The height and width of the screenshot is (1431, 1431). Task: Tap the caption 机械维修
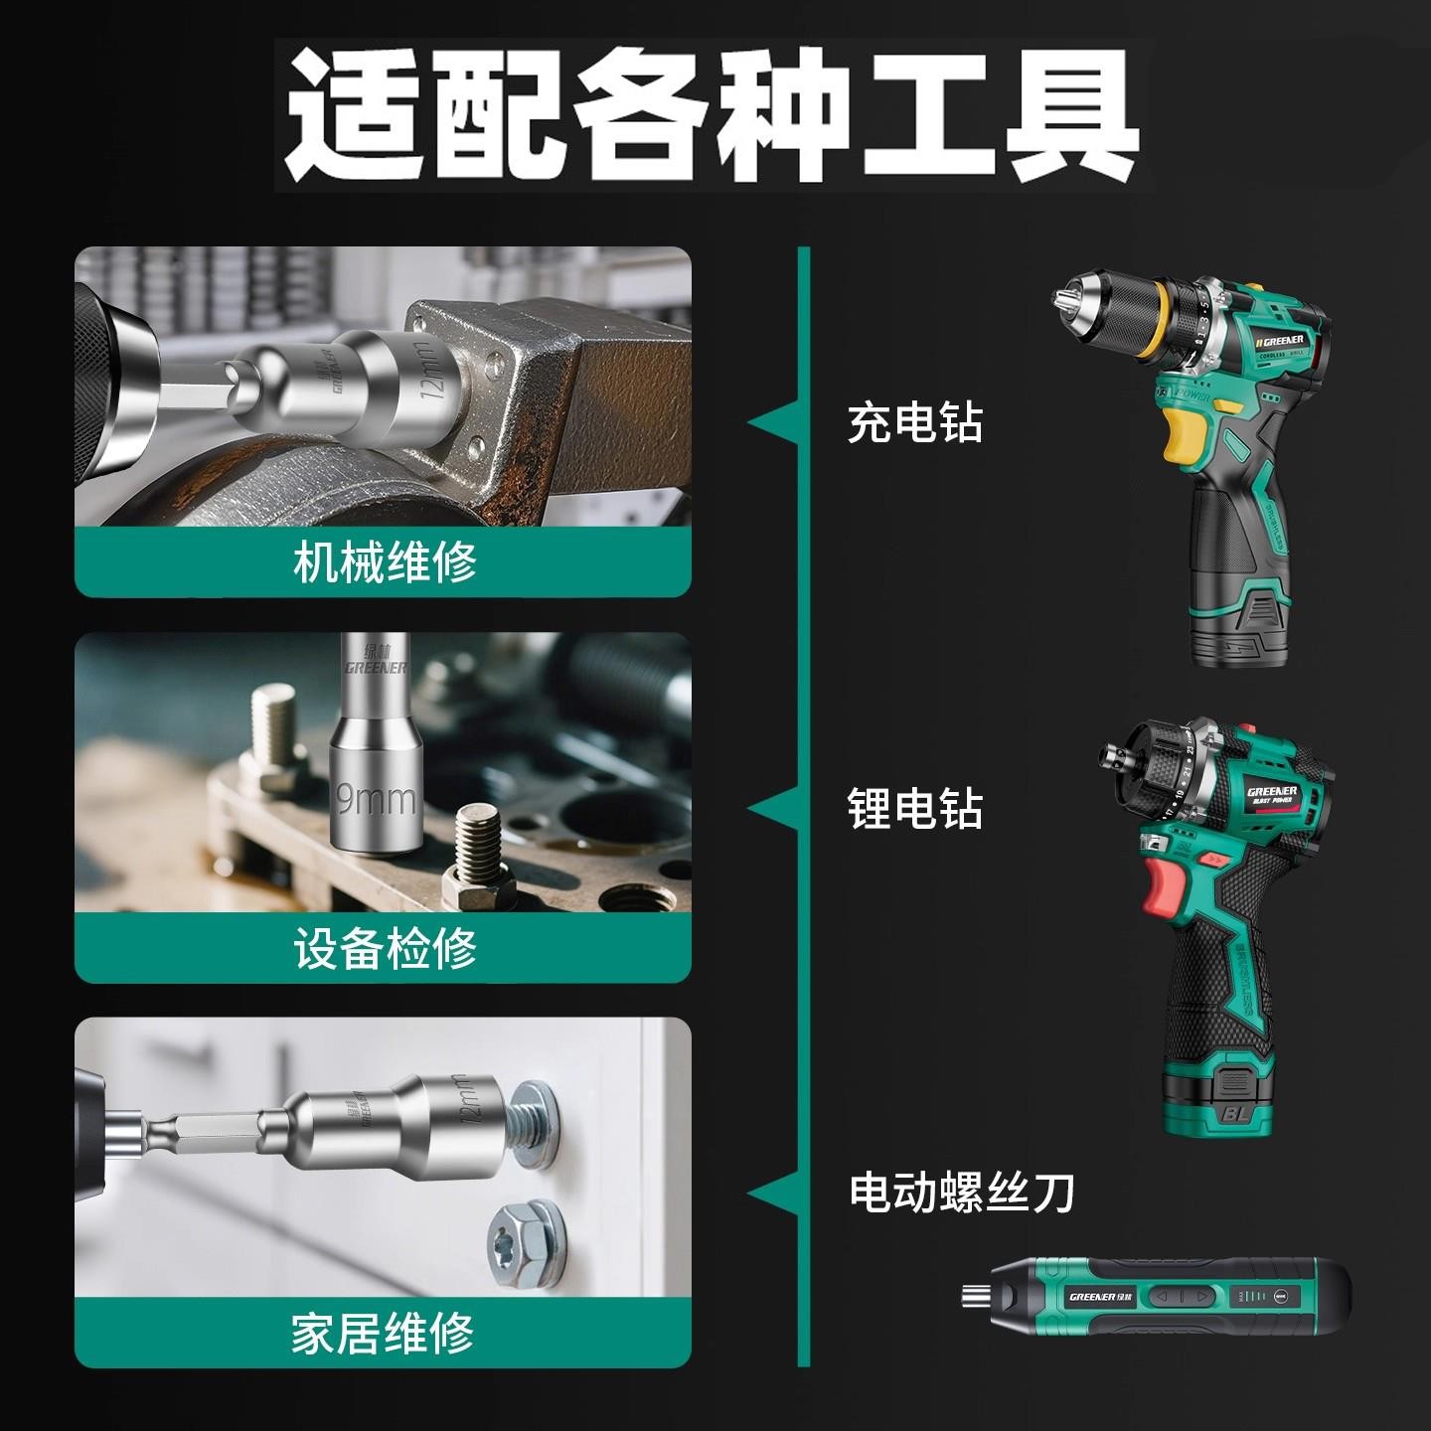[x=385, y=562]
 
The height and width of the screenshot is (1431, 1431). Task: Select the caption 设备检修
[x=385, y=948]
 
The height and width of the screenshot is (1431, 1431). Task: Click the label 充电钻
[x=914, y=423]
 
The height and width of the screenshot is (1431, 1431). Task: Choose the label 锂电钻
[x=914, y=809]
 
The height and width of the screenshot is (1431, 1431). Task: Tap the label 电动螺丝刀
[x=961, y=1192]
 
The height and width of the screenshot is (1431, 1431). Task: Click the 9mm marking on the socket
[x=376, y=797]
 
